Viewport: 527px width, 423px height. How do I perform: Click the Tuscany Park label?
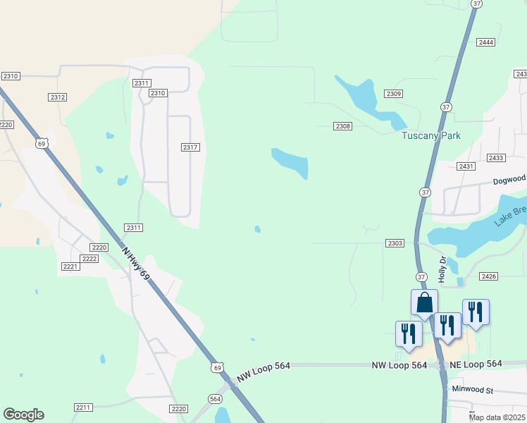pos(431,135)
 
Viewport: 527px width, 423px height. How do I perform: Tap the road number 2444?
pos(485,42)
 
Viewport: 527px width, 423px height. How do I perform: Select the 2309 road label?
pos(394,94)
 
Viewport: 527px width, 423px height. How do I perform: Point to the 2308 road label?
pos(343,126)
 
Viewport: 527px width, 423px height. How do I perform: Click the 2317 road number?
pos(190,147)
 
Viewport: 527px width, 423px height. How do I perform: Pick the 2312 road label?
pos(58,97)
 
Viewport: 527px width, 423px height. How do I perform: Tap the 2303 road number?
pos(395,243)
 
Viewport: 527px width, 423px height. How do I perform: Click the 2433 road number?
pos(496,158)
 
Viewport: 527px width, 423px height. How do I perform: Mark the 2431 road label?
pos(466,166)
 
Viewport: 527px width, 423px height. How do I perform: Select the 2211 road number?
pos(83,407)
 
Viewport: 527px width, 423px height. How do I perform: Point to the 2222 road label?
pos(89,259)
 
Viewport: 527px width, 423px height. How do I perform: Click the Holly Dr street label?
pos(442,269)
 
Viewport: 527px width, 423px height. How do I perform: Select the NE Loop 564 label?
pos(476,364)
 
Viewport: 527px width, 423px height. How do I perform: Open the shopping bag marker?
pos(424,302)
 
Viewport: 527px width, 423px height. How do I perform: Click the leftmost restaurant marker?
pos(409,333)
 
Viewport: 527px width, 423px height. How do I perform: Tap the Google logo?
pos(23,415)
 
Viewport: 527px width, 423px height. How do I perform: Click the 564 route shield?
pos(215,399)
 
